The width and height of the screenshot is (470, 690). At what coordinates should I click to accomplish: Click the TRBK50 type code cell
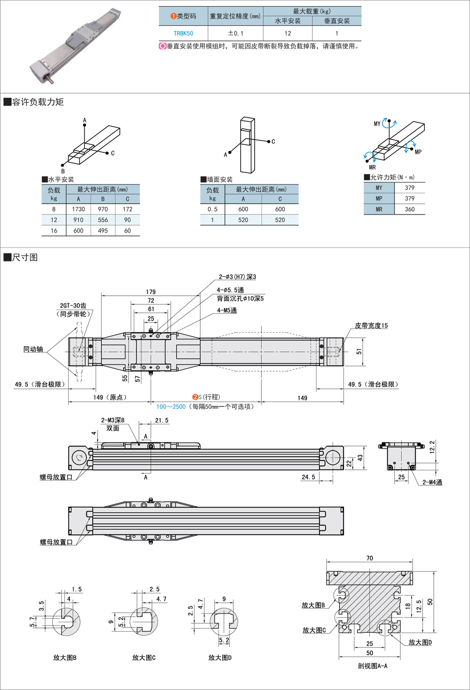183,34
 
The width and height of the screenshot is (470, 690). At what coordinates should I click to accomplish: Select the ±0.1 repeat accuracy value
236,34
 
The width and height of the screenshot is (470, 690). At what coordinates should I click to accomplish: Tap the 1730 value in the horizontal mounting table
79,209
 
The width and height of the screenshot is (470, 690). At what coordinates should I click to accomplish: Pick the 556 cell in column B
103,220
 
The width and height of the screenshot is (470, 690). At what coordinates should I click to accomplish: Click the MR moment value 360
410,209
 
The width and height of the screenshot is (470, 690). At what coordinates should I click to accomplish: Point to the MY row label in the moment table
379,188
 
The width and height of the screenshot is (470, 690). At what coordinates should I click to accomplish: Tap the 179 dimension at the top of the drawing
151,292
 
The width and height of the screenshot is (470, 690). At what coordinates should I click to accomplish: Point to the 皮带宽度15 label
371,326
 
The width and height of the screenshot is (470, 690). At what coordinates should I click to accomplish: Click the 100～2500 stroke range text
171,407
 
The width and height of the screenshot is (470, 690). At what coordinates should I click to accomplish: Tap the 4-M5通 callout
227,311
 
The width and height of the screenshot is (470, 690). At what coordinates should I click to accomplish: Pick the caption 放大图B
65,658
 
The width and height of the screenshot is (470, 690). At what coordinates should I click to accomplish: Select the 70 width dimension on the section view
370,558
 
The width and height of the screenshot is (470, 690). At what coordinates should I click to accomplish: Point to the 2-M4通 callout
432,483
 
